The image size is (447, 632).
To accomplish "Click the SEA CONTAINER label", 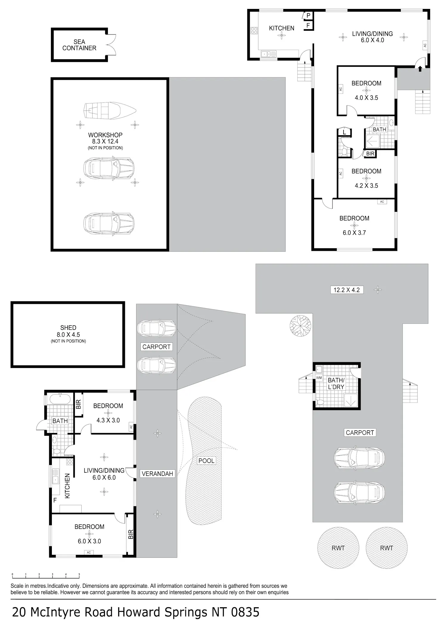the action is [x=79, y=45].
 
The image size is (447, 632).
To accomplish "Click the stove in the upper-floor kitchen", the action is [x=254, y=30].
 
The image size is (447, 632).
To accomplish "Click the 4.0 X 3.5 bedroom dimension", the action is [x=366, y=98].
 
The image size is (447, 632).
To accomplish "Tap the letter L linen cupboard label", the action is [x=344, y=132].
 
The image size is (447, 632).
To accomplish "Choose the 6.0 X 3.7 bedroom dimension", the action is [x=354, y=233].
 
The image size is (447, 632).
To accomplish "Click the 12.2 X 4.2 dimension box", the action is [x=347, y=290].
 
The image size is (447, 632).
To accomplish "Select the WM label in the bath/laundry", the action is [x=319, y=378].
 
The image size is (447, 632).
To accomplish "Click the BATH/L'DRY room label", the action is [x=336, y=384].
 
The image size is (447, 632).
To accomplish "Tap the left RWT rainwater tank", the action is [x=338, y=548].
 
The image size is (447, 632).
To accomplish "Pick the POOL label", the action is [x=206, y=461].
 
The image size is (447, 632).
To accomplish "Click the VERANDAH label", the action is [x=157, y=474].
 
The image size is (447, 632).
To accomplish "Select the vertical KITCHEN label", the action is [x=67, y=486].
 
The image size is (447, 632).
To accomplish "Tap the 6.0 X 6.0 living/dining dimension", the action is [x=104, y=477].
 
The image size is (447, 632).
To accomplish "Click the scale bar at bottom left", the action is [x=46, y=575].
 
